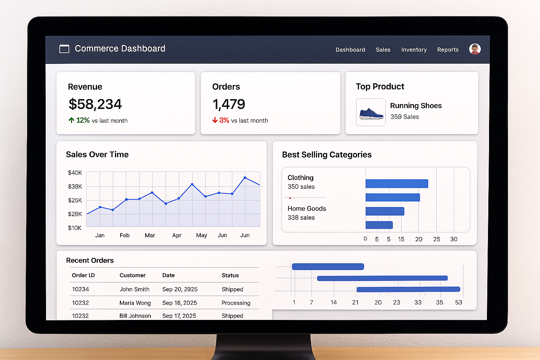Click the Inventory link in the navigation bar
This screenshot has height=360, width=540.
point(414,50)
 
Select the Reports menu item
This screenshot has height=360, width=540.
point(448,50)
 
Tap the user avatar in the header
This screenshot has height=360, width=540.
point(475,49)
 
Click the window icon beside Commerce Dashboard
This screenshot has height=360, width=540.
point(64,49)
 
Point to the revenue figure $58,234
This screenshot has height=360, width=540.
point(95,104)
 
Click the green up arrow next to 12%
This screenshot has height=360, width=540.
point(71,120)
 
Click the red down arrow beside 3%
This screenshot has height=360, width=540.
point(215,120)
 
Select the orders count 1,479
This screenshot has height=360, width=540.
point(229,104)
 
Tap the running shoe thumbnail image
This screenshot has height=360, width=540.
point(371,112)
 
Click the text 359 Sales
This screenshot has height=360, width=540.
point(404,117)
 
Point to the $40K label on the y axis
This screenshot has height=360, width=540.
point(75,173)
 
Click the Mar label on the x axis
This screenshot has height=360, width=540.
point(150,235)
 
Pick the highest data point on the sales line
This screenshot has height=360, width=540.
point(245,178)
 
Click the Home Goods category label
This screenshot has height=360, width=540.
point(307,208)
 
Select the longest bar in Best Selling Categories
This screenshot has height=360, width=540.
point(397,184)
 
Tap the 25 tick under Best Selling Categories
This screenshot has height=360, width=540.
point(436,239)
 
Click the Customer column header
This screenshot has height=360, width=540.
point(132,275)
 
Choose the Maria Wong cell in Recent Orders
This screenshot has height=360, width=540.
point(135,303)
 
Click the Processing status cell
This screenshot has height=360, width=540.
point(236,303)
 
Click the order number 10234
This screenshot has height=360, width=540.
point(81,289)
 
